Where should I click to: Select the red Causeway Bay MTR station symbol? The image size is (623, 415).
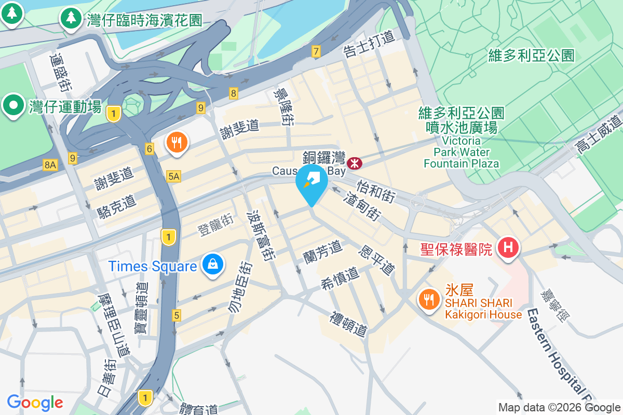355,163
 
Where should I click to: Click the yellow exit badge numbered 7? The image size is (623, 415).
316,51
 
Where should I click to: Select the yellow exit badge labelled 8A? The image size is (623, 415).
50,165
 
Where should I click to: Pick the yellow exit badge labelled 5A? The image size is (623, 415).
174,177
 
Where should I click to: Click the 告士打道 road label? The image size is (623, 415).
369,44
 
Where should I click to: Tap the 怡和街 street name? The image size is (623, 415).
376,190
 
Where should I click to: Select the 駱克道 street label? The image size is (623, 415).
117,206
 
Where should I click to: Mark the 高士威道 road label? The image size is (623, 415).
598,134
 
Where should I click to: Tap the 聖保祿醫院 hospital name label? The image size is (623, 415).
456,250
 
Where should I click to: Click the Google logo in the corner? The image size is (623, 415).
35,402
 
